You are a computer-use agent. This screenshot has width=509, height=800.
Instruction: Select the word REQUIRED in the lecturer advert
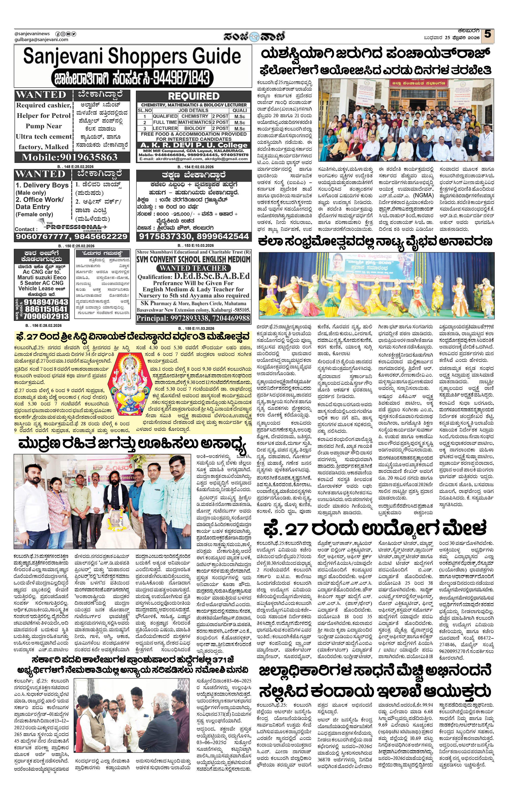194,96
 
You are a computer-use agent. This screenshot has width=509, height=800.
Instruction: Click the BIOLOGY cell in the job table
195,128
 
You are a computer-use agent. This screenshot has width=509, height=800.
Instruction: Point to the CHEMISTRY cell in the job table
195,116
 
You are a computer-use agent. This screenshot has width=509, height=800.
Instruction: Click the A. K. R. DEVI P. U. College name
194,145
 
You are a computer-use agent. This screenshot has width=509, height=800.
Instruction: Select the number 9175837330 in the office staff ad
167,236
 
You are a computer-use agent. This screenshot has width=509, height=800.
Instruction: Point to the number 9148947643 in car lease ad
46,302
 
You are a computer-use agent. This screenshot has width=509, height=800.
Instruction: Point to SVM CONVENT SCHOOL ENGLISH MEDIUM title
194,259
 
